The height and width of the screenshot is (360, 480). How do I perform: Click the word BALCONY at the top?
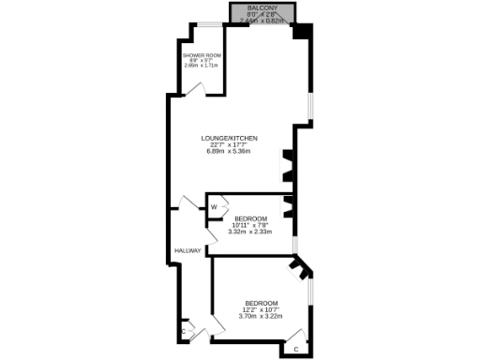click(262, 7)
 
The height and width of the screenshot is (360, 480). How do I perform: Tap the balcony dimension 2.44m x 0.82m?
click(262, 19)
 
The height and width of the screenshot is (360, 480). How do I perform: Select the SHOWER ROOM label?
click(201, 55)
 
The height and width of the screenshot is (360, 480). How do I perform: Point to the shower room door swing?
click(195, 87)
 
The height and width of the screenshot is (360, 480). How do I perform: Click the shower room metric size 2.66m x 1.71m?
click(201, 66)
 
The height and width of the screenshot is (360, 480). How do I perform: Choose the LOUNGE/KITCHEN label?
click(230, 139)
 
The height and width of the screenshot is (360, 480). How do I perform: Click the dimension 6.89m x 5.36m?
click(231, 152)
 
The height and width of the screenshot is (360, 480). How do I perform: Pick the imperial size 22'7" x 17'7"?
click(231, 145)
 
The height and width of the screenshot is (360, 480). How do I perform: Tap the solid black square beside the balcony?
click(302, 31)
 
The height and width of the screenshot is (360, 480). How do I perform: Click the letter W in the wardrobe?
click(214, 206)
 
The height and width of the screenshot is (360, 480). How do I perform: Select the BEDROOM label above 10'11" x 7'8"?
click(249, 218)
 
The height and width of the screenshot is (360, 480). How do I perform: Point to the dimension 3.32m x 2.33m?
click(249, 232)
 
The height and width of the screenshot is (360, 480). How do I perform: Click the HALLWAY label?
click(187, 250)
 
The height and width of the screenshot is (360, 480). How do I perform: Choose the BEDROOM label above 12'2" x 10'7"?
click(261, 303)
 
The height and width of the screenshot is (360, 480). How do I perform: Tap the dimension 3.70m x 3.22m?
click(261, 316)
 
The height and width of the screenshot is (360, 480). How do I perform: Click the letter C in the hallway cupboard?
click(182, 333)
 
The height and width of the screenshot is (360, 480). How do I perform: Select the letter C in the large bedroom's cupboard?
click(296, 349)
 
